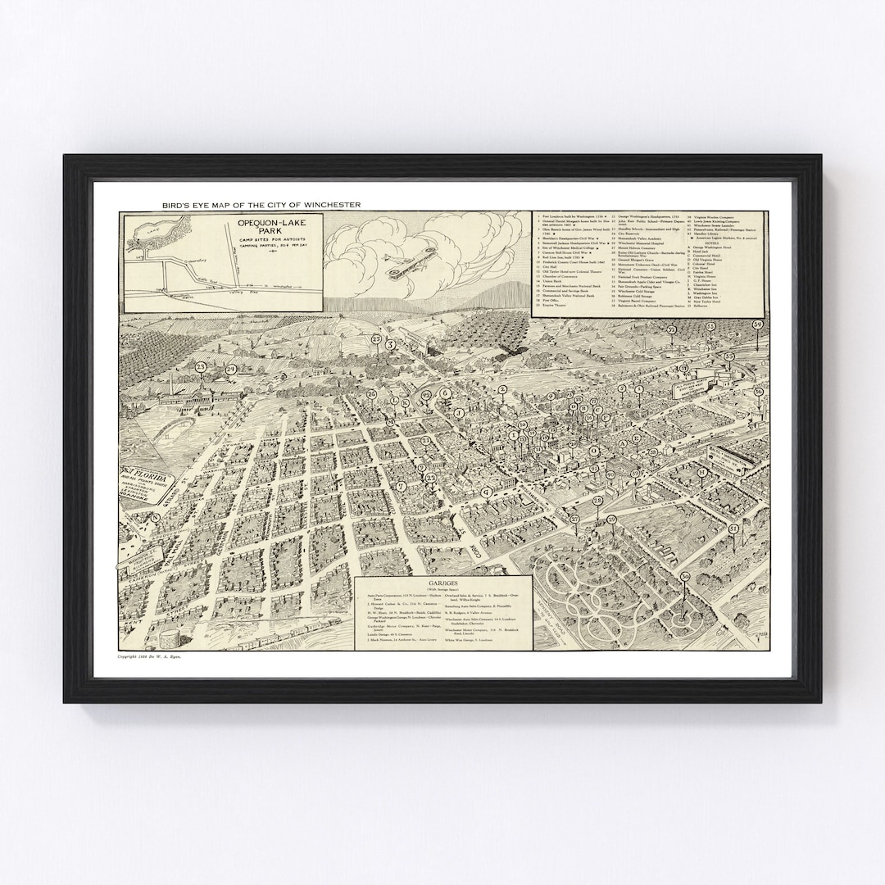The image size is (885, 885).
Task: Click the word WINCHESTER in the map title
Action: (327, 204)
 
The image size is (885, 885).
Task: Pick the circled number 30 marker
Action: (685, 577)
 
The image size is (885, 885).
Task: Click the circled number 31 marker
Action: (733, 529)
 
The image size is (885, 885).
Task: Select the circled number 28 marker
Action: (597, 501)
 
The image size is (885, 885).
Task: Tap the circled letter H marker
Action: (702, 473)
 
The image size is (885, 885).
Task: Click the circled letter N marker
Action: (155, 517)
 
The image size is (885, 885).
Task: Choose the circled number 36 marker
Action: (759, 392)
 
